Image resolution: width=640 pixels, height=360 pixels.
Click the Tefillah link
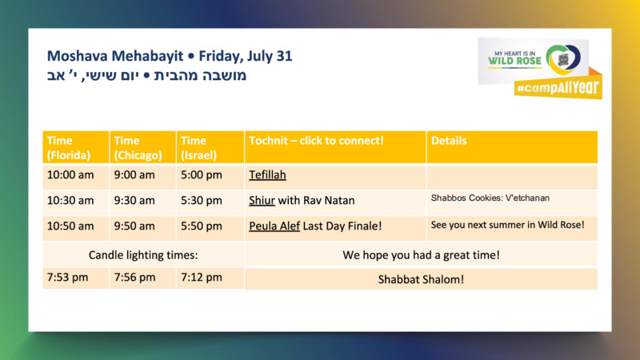click(x=267, y=175)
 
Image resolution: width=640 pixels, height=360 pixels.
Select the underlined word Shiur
click(x=262, y=201)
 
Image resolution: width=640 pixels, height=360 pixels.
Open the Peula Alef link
click(x=274, y=226)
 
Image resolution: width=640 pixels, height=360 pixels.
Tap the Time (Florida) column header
click(x=69, y=148)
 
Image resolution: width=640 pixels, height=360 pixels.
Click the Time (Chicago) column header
click(x=138, y=148)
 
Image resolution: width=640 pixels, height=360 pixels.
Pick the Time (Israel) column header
click(x=198, y=148)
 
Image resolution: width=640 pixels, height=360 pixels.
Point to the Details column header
click(x=449, y=141)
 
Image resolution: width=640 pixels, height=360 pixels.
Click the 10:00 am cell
click(x=70, y=175)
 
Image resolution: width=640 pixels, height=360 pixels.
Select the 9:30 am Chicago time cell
click(x=134, y=201)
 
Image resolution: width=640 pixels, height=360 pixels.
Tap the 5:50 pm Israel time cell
click(x=202, y=226)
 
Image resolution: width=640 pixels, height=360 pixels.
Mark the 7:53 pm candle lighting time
click(x=67, y=278)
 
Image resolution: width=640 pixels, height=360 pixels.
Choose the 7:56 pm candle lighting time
click(x=134, y=278)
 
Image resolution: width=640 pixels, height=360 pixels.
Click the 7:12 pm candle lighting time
click(x=202, y=278)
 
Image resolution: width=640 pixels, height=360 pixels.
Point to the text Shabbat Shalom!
click(x=421, y=279)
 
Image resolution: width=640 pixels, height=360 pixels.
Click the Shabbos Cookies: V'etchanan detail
click(x=490, y=198)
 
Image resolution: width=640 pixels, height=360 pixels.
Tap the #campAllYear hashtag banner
click(x=558, y=87)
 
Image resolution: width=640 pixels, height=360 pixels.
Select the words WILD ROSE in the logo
click(x=514, y=62)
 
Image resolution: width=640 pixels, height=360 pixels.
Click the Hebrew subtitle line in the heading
click(x=146, y=75)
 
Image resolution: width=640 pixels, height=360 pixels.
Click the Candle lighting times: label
click(x=143, y=255)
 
